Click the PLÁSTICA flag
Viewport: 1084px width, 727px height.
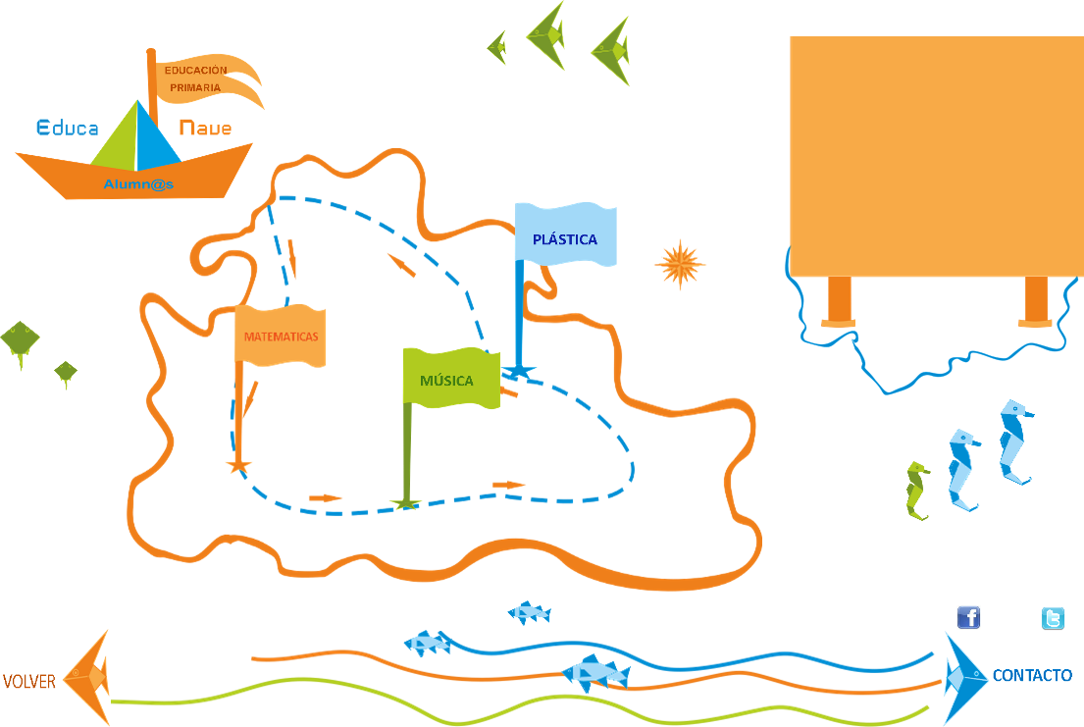[x=565, y=236]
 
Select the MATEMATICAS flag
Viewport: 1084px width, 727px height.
[x=281, y=337]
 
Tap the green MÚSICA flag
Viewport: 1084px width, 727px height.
[x=449, y=378]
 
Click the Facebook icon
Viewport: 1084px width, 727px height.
[x=968, y=617]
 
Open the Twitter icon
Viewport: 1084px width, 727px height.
[x=1053, y=618]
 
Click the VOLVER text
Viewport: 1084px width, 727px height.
[x=29, y=681]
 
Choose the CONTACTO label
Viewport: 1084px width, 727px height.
[x=1032, y=676]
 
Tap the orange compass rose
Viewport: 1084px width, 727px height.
[x=680, y=264]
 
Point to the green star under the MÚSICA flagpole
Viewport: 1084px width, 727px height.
[x=405, y=503]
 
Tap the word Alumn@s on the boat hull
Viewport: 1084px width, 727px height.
[x=138, y=183]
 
